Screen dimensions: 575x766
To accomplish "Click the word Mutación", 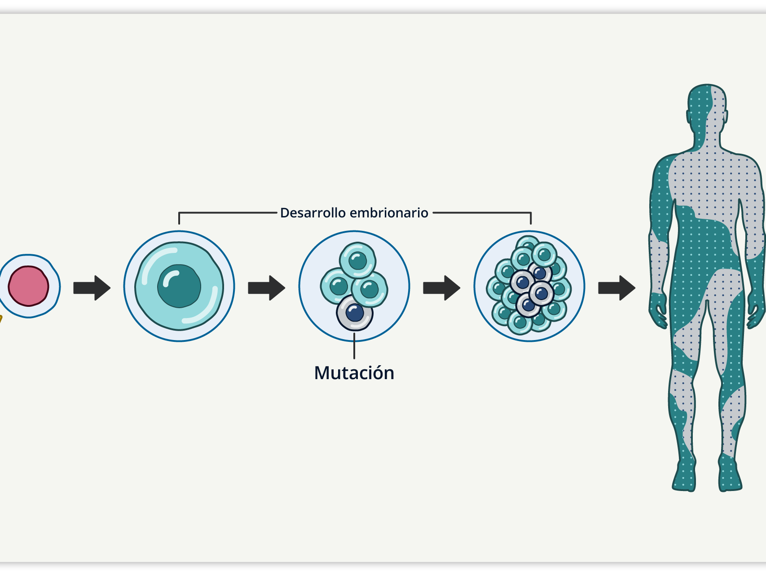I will pyautogui.click(x=354, y=373).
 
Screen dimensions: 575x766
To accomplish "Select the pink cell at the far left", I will pyautogui.click(x=28, y=286).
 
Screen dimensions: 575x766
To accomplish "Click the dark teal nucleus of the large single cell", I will pyautogui.click(x=179, y=286).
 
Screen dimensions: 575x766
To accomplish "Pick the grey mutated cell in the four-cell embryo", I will pyautogui.click(x=354, y=313).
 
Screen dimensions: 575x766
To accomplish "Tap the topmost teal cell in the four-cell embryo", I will pyautogui.click(x=357, y=260).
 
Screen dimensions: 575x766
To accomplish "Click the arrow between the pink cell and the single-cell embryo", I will pyautogui.click(x=92, y=287).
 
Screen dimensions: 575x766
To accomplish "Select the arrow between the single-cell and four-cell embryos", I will pyautogui.click(x=266, y=287).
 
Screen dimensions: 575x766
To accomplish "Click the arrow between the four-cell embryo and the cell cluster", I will pyautogui.click(x=441, y=287).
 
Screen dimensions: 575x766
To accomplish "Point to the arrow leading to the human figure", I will pyautogui.click(x=616, y=287).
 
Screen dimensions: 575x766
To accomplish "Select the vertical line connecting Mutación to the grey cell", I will pyautogui.click(x=354, y=348).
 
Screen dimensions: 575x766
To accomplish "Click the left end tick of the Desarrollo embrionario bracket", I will pyautogui.click(x=179, y=218).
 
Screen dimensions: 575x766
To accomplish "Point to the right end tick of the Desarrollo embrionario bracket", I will pyautogui.click(x=531, y=218).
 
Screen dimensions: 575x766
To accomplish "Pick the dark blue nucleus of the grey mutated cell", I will pyautogui.click(x=355, y=313).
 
